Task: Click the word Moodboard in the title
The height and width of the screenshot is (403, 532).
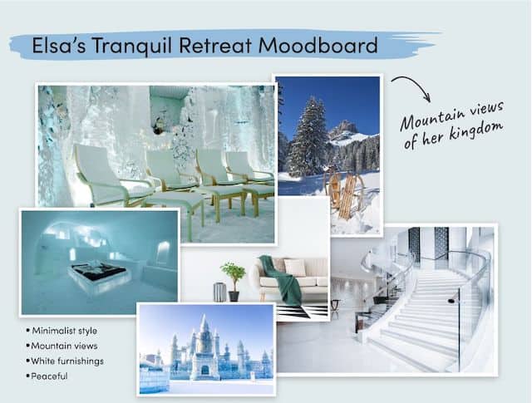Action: click(318, 45)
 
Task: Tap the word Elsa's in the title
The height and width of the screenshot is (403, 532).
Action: click(59, 45)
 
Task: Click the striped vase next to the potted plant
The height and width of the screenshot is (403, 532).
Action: click(219, 292)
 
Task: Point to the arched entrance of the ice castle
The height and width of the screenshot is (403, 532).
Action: click(205, 370)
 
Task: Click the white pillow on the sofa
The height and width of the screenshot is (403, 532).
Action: click(294, 268)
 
